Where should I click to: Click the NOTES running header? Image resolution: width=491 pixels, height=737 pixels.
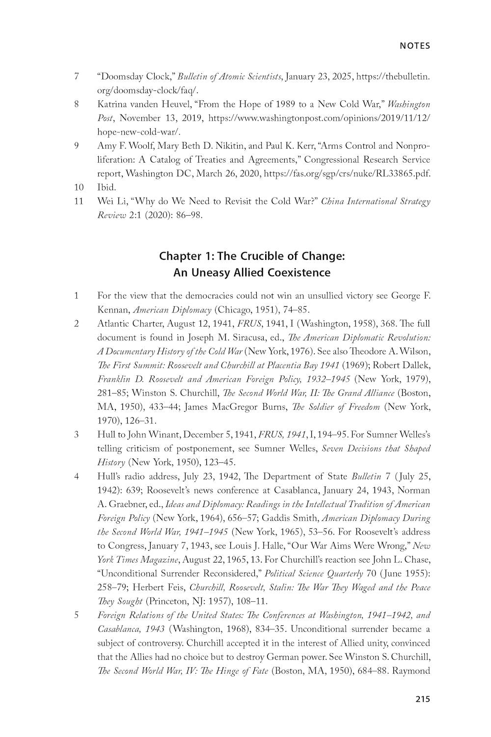(x=415, y=46)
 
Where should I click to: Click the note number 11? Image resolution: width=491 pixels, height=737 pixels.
(x=79, y=201)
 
